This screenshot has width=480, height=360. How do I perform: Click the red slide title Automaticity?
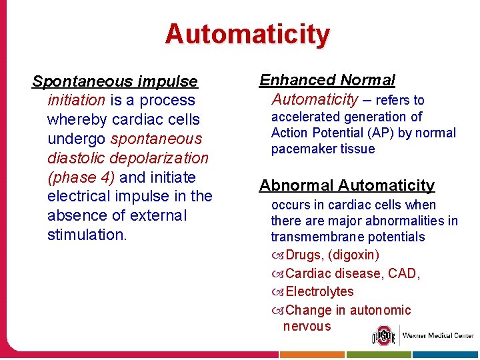(x=247, y=34)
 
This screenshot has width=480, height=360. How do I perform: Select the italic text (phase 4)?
(x=81, y=177)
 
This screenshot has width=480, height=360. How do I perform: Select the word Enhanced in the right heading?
(x=297, y=80)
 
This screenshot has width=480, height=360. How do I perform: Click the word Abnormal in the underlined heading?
(x=296, y=185)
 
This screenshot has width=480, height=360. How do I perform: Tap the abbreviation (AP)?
(x=397, y=133)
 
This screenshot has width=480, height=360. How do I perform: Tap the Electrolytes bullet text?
(x=319, y=291)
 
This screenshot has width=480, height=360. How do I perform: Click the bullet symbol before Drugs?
(x=277, y=255)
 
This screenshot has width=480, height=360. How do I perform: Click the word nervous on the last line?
(x=307, y=326)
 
